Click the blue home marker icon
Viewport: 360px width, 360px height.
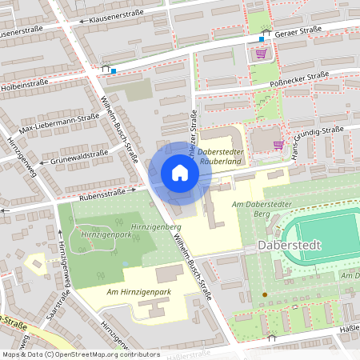pyautogui.click(x=180, y=173)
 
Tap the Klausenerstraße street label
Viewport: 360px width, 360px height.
pyautogui.click(x=121, y=17)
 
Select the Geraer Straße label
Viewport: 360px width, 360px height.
pyautogui.click(x=298, y=30)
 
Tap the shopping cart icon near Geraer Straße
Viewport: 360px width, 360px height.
pyautogui.click(x=261, y=54)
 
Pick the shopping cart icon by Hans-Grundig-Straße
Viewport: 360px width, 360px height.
pyautogui.click(x=278, y=145)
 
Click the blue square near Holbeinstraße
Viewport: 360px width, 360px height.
pyautogui.click(x=114, y=71)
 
